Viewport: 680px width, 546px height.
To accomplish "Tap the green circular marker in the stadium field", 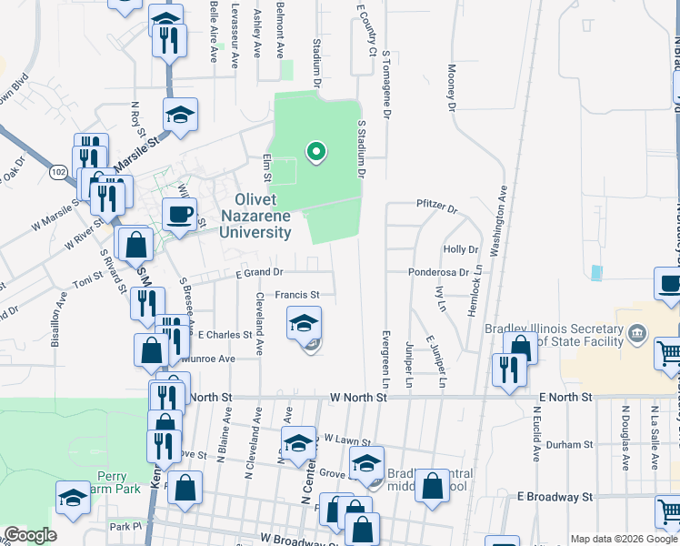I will coord(316,151).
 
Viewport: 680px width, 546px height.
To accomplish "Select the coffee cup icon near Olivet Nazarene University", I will coord(178,215).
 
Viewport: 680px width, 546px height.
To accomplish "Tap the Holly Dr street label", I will coord(460,248).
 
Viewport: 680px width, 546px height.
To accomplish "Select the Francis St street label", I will coord(297,295).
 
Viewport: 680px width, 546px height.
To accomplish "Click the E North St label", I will coord(565,398).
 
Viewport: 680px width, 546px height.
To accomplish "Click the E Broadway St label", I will coord(555,497).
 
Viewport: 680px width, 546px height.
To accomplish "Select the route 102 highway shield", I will coord(58,171).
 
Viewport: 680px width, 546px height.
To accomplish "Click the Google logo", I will coord(30,535).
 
